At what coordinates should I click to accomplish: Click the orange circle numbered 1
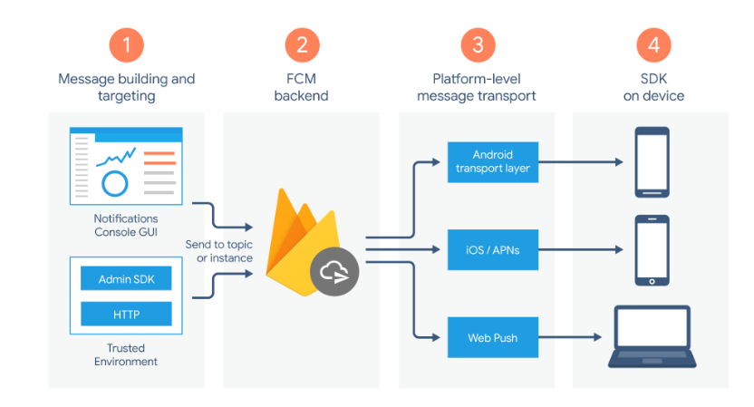pyautogui.click(x=127, y=45)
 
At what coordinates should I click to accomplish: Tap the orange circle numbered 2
pyautogui.click(x=302, y=45)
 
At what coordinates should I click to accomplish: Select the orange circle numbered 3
pyautogui.click(x=478, y=45)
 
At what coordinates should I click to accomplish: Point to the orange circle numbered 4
pyautogui.click(x=653, y=45)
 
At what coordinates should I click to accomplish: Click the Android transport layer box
pyautogui.click(x=493, y=162)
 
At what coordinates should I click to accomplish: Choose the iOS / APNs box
pyautogui.click(x=493, y=249)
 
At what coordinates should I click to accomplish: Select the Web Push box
pyautogui.click(x=493, y=337)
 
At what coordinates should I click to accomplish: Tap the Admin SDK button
pyautogui.click(x=126, y=278)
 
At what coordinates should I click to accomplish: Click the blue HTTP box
pyautogui.click(x=126, y=315)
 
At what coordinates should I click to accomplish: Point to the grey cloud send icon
pyautogui.click(x=334, y=272)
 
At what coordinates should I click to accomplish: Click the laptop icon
pyautogui.click(x=652, y=337)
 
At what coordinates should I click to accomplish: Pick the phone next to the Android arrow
pyautogui.click(x=652, y=162)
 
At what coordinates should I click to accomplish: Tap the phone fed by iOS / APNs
pyautogui.click(x=652, y=250)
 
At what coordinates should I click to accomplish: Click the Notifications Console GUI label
pyautogui.click(x=126, y=225)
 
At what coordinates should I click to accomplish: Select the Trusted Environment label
pyautogui.click(x=126, y=354)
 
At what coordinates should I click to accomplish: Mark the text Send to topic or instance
pyautogui.click(x=219, y=251)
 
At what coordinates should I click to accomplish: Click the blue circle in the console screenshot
pyautogui.click(x=115, y=183)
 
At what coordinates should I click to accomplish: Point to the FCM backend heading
pyautogui.click(x=302, y=87)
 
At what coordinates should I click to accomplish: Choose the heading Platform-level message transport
pyautogui.click(x=477, y=87)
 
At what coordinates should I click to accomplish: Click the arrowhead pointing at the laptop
pyautogui.click(x=598, y=337)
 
